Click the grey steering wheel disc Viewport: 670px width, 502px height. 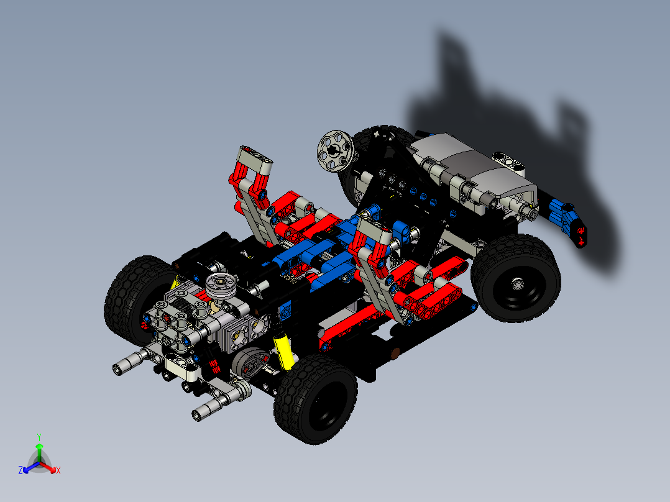click(x=335, y=149)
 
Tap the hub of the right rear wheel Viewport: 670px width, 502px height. click(x=518, y=285)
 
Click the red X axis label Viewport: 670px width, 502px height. click(x=58, y=470)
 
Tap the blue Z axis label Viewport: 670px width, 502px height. click(x=21, y=470)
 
